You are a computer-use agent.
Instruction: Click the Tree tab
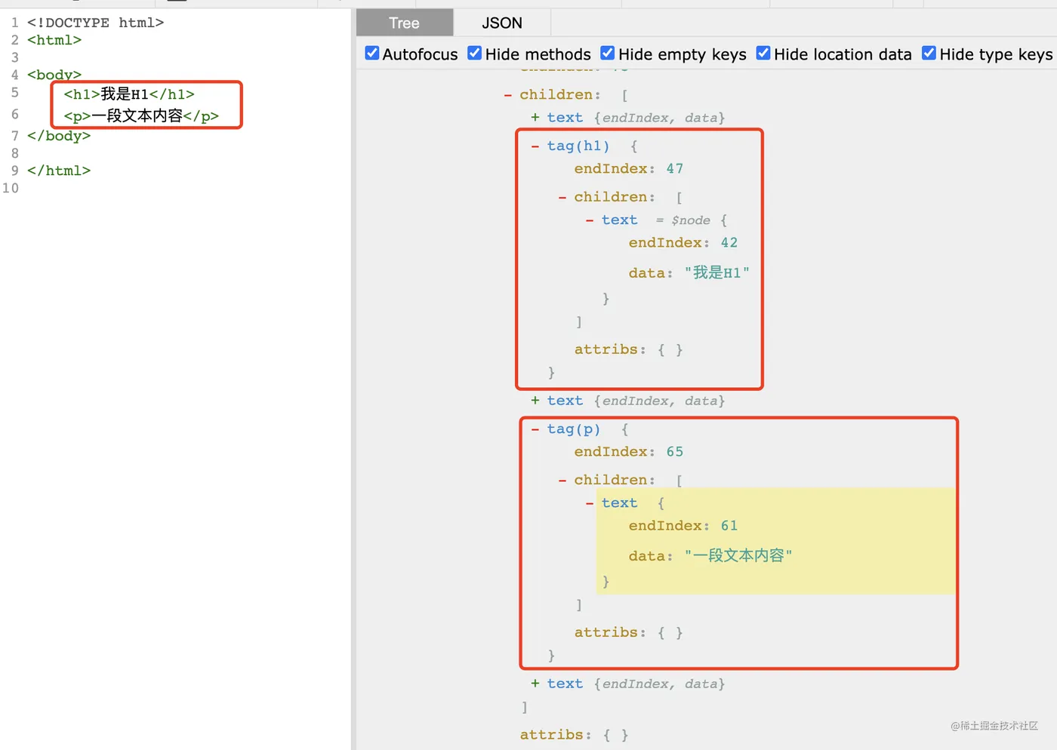pos(405,23)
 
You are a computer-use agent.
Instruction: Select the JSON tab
pos(501,23)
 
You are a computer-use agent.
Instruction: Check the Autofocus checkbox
pos(371,53)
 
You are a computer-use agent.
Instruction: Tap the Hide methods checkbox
pos(474,53)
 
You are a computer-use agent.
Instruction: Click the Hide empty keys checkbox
pos(607,53)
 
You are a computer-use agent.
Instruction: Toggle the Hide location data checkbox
pos(763,53)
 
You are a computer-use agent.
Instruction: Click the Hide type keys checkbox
pos(929,53)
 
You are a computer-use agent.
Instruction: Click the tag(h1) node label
pos(578,146)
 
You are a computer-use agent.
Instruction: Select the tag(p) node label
pos(573,429)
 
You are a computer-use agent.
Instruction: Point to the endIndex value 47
pos(675,168)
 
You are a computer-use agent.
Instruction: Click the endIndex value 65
pos(675,451)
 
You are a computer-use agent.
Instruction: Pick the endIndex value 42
pos(729,242)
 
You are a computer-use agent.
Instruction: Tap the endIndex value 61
pos(729,525)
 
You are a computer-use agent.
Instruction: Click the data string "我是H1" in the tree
pos(716,272)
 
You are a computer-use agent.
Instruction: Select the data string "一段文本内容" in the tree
pos(738,555)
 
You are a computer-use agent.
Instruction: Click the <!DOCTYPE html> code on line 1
pos(95,23)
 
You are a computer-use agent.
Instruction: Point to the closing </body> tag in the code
pos(59,136)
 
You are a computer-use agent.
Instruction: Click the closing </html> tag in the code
pos(59,171)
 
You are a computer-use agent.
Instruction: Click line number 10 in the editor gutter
pos(11,188)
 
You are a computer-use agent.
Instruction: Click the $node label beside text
pos(691,220)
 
